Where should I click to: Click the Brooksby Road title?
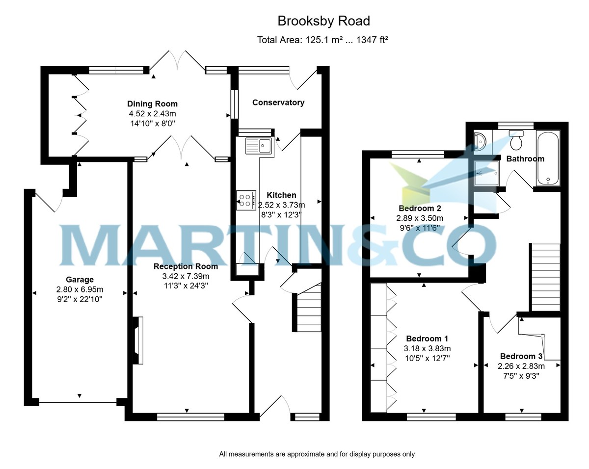pos(323,21)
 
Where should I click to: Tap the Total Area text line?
pos(322,40)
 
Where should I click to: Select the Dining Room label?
pos(152,104)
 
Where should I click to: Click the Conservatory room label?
pos(278,103)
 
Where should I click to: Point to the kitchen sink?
pos(259,145)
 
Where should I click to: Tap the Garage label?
pos(80,280)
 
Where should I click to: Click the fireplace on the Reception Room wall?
pos(139,340)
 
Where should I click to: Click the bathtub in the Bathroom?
pos(548,157)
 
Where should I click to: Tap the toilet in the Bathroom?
pos(516,141)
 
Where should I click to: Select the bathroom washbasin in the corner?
pos(480,140)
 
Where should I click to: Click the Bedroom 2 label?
pos(420,208)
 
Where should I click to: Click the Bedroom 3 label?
pos(521,356)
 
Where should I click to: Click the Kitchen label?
pos(281,195)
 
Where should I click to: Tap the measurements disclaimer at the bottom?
pos(317,454)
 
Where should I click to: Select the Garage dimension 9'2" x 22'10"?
pos(80,298)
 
